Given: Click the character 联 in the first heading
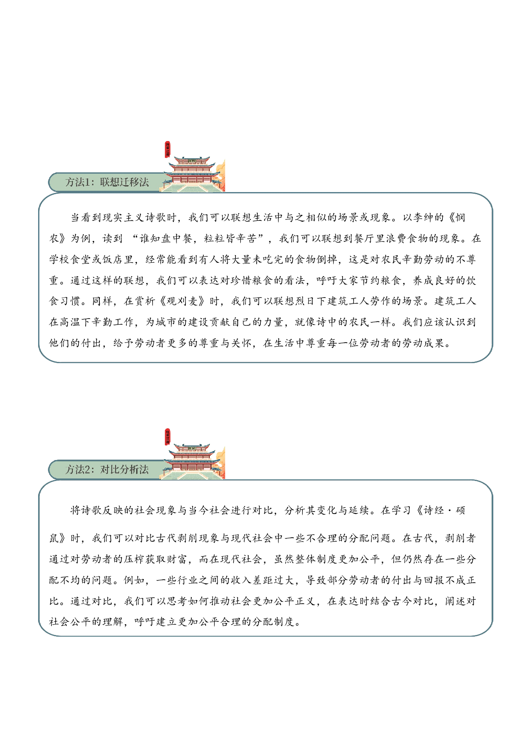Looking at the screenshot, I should [105, 182].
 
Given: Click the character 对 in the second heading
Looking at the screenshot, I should [105, 470].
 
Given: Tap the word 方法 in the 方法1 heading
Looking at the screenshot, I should [75, 182].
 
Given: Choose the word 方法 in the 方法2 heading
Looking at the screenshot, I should [75, 470].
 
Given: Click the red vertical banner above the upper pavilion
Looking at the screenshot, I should [167, 149].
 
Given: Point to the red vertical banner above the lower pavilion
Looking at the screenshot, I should [167, 436].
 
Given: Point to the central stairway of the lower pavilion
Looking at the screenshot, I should [192, 475].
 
